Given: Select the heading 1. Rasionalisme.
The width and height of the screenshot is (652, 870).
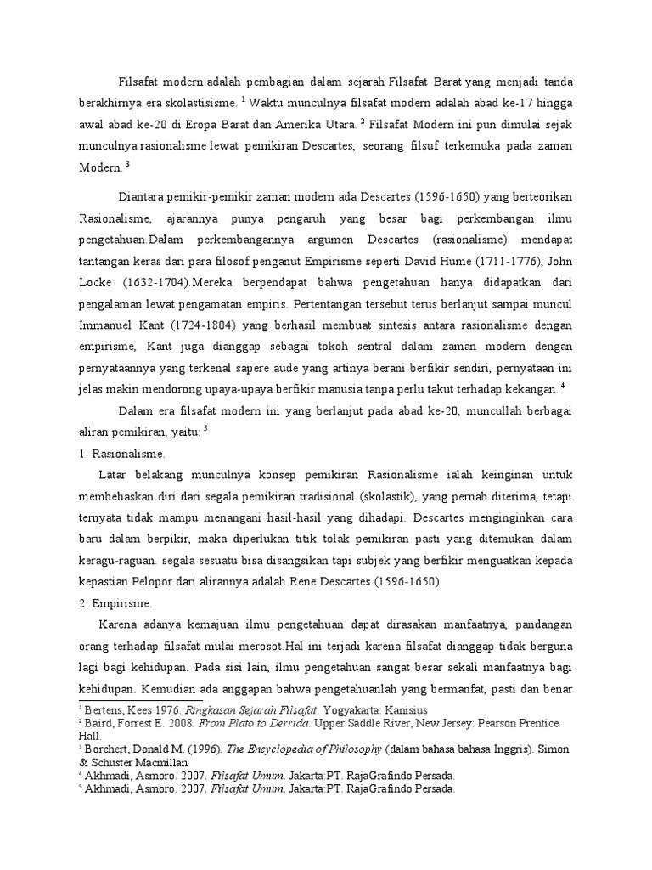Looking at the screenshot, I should click(117, 455).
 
